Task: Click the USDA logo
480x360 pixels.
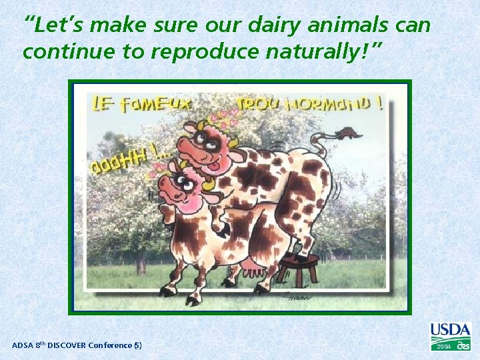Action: (450, 331)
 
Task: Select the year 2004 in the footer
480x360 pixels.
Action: (443, 347)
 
